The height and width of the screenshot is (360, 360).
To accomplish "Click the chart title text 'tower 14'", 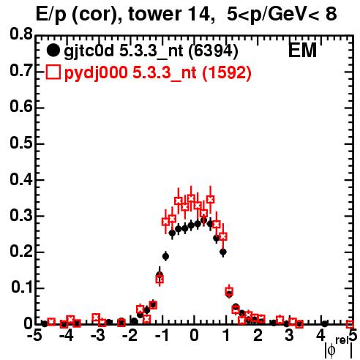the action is tap(169, 15).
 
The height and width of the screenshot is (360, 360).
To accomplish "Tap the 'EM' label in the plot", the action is tap(302, 50).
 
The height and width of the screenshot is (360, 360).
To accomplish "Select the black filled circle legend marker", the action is tap(53, 50).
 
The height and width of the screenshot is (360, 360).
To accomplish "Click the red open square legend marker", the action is tap(53, 72).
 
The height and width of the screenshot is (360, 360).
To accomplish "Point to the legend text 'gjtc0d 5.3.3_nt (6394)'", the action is tap(151, 51).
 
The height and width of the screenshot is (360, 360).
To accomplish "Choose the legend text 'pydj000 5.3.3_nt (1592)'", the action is tap(158, 72).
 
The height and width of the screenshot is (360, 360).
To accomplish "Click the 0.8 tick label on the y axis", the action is tap(21, 34).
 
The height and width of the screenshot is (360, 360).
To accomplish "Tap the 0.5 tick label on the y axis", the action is tap(21, 143).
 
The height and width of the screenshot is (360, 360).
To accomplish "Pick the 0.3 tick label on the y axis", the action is tap(21, 215).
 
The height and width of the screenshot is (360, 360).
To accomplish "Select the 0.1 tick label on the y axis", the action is tap(21, 288).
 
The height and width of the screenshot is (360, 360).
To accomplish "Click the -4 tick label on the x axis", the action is tap(66, 336).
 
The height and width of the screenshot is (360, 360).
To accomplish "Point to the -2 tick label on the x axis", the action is tap(130, 336).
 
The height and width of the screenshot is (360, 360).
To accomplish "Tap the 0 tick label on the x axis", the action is tap(194, 336).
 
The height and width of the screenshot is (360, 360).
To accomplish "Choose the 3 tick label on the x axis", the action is tap(290, 336).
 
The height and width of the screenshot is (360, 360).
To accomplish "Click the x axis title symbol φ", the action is tap(331, 350).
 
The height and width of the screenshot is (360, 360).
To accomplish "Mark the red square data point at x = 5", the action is tap(350, 324).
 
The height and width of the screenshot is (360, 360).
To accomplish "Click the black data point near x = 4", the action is tap(325, 324).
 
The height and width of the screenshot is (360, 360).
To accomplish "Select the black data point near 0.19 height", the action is tap(166, 256).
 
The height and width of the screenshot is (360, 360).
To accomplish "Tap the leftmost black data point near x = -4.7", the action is tap(45, 324).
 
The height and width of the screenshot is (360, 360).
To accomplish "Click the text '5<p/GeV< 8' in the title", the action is tap(282, 14).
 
